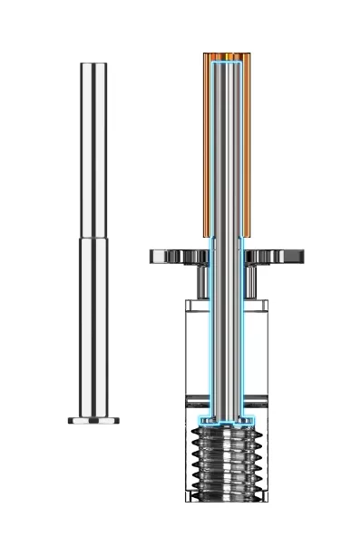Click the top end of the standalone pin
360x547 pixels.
point(93,64)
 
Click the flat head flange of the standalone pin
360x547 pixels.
point(93,421)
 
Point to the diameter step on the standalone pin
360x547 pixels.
point(93,239)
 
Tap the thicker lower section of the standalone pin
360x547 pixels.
point(93,327)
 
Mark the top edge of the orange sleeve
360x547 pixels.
point(226,55)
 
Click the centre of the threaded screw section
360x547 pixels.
point(226,463)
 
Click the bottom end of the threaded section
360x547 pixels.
point(226,498)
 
